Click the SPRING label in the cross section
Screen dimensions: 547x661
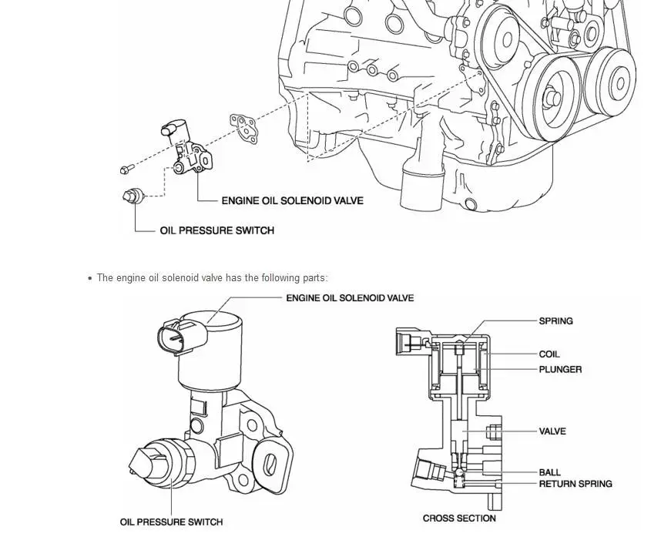(x=555, y=321)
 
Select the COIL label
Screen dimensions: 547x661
(x=549, y=354)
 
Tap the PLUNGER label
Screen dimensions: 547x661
(x=560, y=370)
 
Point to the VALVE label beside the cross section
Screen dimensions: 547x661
(x=552, y=431)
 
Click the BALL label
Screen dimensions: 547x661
(x=550, y=472)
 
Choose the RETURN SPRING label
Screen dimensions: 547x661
(x=575, y=484)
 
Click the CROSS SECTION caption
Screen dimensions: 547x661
(x=459, y=518)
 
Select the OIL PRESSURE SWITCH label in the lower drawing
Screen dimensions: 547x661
(x=171, y=522)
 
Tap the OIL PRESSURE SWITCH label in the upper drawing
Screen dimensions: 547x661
(x=216, y=230)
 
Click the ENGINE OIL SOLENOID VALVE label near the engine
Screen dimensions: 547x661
(x=292, y=201)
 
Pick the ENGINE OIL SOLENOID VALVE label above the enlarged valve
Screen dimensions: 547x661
(x=350, y=298)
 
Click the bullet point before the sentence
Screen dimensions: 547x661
(x=90, y=278)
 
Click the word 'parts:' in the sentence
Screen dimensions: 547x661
(x=315, y=278)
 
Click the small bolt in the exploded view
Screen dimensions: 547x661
(x=127, y=169)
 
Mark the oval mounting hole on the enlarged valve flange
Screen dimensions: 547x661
(x=269, y=465)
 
